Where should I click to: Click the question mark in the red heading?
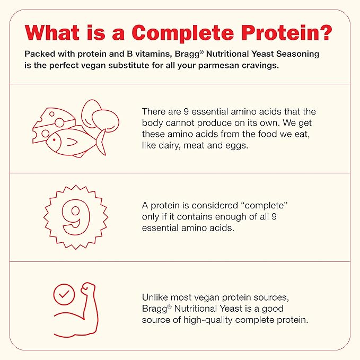pyautogui.click(x=323, y=32)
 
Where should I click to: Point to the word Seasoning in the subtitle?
pyautogui.click(x=297, y=55)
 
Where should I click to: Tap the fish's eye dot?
pyautogui.click(x=54, y=140)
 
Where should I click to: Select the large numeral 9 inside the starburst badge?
pyautogui.click(x=76, y=217)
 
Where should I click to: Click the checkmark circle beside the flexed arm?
pyautogui.click(x=64, y=295)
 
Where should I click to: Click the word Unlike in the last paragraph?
pyautogui.click(x=155, y=297)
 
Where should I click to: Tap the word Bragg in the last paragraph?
pyautogui.click(x=155, y=309)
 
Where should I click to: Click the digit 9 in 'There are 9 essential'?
pyautogui.click(x=186, y=112)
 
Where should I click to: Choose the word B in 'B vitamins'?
pyautogui.click(x=129, y=54)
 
